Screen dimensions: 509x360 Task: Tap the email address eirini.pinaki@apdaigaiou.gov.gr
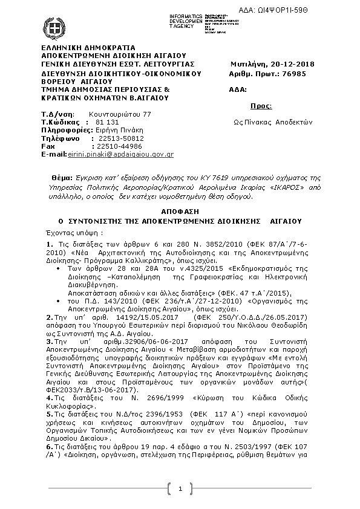pyautogui.click(x=120, y=155)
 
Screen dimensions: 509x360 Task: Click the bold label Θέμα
pyautogui.click(x=62, y=180)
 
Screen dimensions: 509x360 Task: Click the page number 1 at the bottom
pyautogui.click(x=180, y=488)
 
